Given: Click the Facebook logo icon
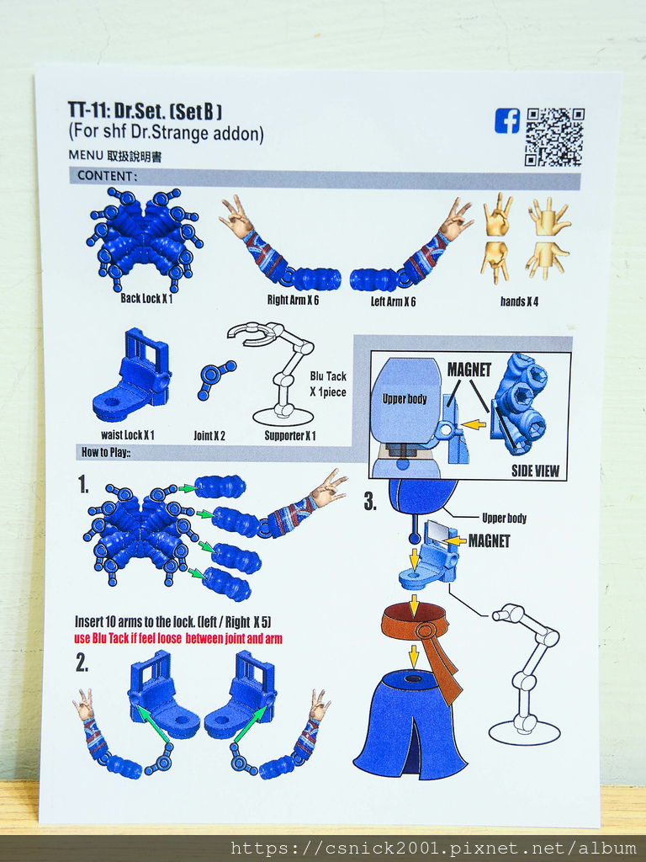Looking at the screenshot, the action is click(507, 120).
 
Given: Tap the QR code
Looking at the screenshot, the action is click(554, 137).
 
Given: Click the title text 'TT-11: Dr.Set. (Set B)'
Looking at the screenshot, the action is click(145, 110).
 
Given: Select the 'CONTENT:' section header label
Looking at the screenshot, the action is click(107, 176).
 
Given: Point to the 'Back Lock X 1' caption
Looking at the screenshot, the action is click(146, 299).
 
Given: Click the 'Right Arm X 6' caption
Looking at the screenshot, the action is click(293, 301).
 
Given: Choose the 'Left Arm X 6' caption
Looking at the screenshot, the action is click(393, 301).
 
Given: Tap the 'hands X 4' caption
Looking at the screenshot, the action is click(519, 301).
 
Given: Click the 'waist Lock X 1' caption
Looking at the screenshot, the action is click(128, 435).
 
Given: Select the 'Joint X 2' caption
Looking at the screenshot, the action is click(209, 436).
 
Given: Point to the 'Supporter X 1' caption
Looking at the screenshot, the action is click(290, 436).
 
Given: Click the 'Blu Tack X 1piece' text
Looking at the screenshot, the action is click(328, 384).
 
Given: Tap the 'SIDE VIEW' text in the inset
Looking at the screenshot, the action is click(535, 471).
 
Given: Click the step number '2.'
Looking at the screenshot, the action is click(82, 663).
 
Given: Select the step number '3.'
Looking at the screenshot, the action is click(370, 502).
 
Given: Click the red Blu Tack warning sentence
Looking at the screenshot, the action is click(178, 639).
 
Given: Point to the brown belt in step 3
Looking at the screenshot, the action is click(421, 643).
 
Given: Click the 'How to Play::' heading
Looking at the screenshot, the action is click(105, 452).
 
